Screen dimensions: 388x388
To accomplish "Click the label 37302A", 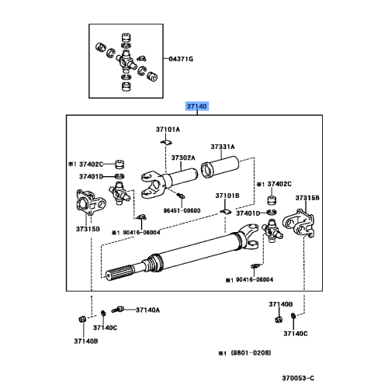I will [183, 157].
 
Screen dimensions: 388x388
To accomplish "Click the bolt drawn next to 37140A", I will [122, 309].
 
